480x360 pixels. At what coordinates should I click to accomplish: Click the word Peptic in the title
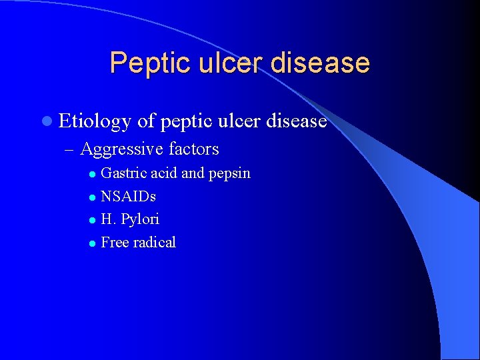pyautogui.click(x=144, y=63)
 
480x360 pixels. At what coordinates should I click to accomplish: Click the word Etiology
pyautogui.click(x=95, y=122)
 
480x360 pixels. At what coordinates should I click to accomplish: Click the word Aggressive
pyautogui.click(x=122, y=149)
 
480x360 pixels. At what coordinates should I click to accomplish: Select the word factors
pyautogui.click(x=194, y=149)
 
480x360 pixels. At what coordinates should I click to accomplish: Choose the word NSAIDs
pyautogui.click(x=128, y=197)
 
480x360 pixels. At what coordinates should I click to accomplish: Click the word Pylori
pyautogui.click(x=141, y=219)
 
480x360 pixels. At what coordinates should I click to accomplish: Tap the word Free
pyautogui.click(x=115, y=242)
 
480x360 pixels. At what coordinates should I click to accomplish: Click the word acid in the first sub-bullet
pyautogui.click(x=163, y=173)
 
